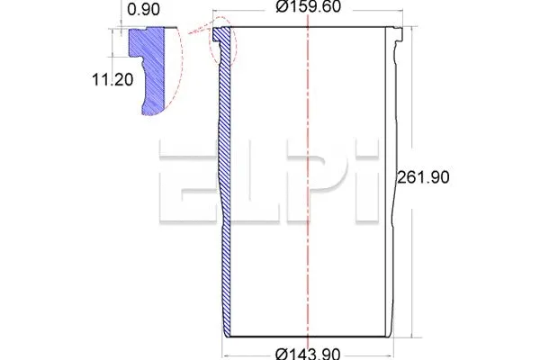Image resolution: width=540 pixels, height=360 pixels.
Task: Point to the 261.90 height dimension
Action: tap(423, 177)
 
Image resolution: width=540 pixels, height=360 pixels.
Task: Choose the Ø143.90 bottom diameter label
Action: tap(308, 352)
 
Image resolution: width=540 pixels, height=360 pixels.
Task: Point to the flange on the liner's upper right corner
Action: tap(392, 36)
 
